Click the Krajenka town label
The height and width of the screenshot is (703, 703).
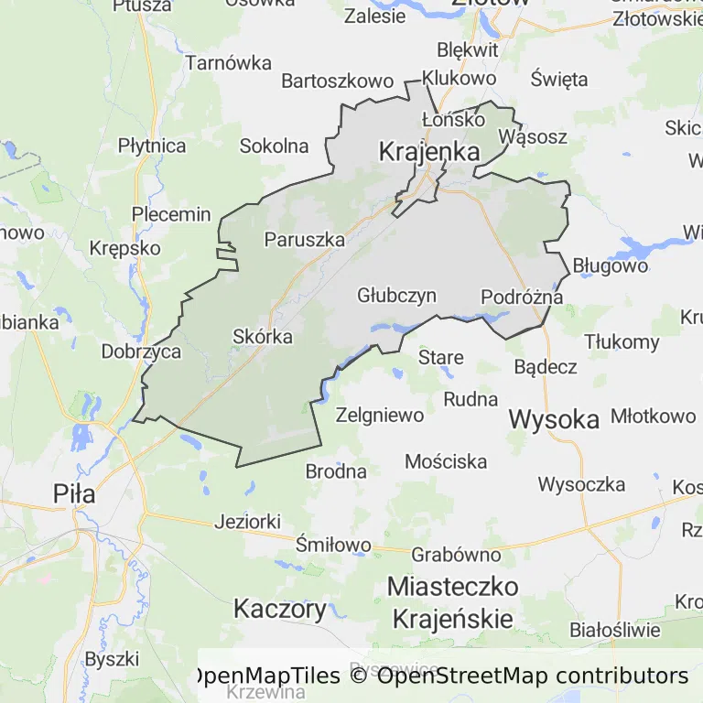point(429,152)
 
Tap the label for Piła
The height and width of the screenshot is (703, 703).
point(74,494)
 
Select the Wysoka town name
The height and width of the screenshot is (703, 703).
point(554,419)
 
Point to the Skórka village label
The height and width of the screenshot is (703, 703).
point(263,337)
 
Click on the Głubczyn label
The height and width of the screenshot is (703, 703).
point(396,296)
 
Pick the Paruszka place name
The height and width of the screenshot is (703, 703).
point(304,240)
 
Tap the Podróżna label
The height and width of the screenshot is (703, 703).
point(522,297)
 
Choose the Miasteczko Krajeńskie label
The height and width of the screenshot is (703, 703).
point(452,601)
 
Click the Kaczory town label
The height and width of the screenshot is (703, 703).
point(279,609)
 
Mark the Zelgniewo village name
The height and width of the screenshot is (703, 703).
point(380,415)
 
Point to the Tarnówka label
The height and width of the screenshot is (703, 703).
point(229,63)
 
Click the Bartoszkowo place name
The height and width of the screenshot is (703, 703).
point(337,81)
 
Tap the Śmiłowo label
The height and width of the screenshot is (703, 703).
point(334,545)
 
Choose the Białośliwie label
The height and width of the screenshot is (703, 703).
point(614,630)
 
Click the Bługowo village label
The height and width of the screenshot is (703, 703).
point(610,266)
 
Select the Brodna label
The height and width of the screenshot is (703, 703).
point(336,471)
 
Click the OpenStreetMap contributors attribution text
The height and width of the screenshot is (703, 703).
point(532,676)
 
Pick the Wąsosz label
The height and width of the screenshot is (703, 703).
point(533,137)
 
